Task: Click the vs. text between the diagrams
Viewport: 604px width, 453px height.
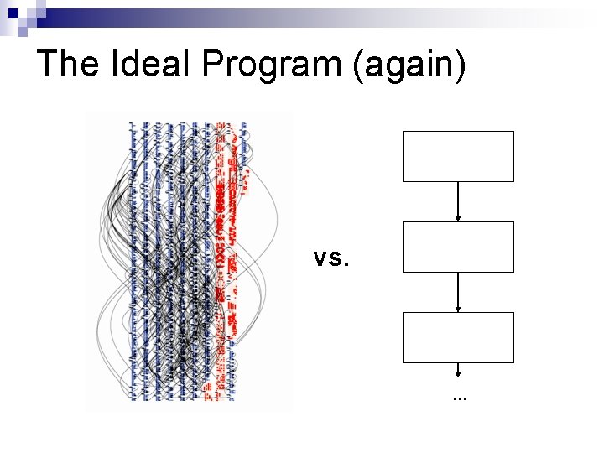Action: tap(331, 258)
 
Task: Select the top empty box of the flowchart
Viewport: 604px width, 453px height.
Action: tap(458, 156)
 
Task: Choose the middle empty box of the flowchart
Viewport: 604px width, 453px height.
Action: tap(458, 247)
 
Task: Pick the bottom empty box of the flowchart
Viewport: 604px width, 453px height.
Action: tap(458, 337)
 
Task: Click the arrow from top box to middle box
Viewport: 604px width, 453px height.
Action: tap(458, 201)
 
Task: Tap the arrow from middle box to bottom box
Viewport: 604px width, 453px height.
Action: tap(458, 292)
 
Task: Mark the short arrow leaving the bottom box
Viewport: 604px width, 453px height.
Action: tap(458, 370)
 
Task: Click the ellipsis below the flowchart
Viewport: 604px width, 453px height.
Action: tap(458, 395)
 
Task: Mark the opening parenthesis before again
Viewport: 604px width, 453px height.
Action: tap(359, 66)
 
